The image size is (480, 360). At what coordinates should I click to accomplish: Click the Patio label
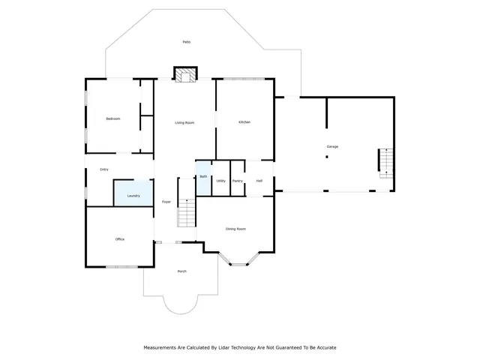point(186,42)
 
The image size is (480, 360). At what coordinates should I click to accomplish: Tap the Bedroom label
point(113,118)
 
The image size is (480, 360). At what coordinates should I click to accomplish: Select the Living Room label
point(184,122)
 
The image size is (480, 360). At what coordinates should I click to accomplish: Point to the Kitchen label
point(244,122)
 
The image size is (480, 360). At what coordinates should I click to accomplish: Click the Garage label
point(332,146)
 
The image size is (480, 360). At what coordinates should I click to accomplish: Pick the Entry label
point(104,169)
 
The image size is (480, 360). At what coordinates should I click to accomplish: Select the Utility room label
point(220,181)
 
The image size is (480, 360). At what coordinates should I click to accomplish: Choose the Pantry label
point(238,181)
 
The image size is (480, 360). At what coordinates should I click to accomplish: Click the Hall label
point(259,181)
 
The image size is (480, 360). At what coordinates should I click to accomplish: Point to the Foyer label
point(166,202)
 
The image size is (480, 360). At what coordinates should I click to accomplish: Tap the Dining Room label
point(236,229)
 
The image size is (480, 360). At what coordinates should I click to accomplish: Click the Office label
point(119,239)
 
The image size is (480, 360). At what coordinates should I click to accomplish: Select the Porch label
point(181,271)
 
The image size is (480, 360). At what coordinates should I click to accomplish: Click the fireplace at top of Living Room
point(185,73)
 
